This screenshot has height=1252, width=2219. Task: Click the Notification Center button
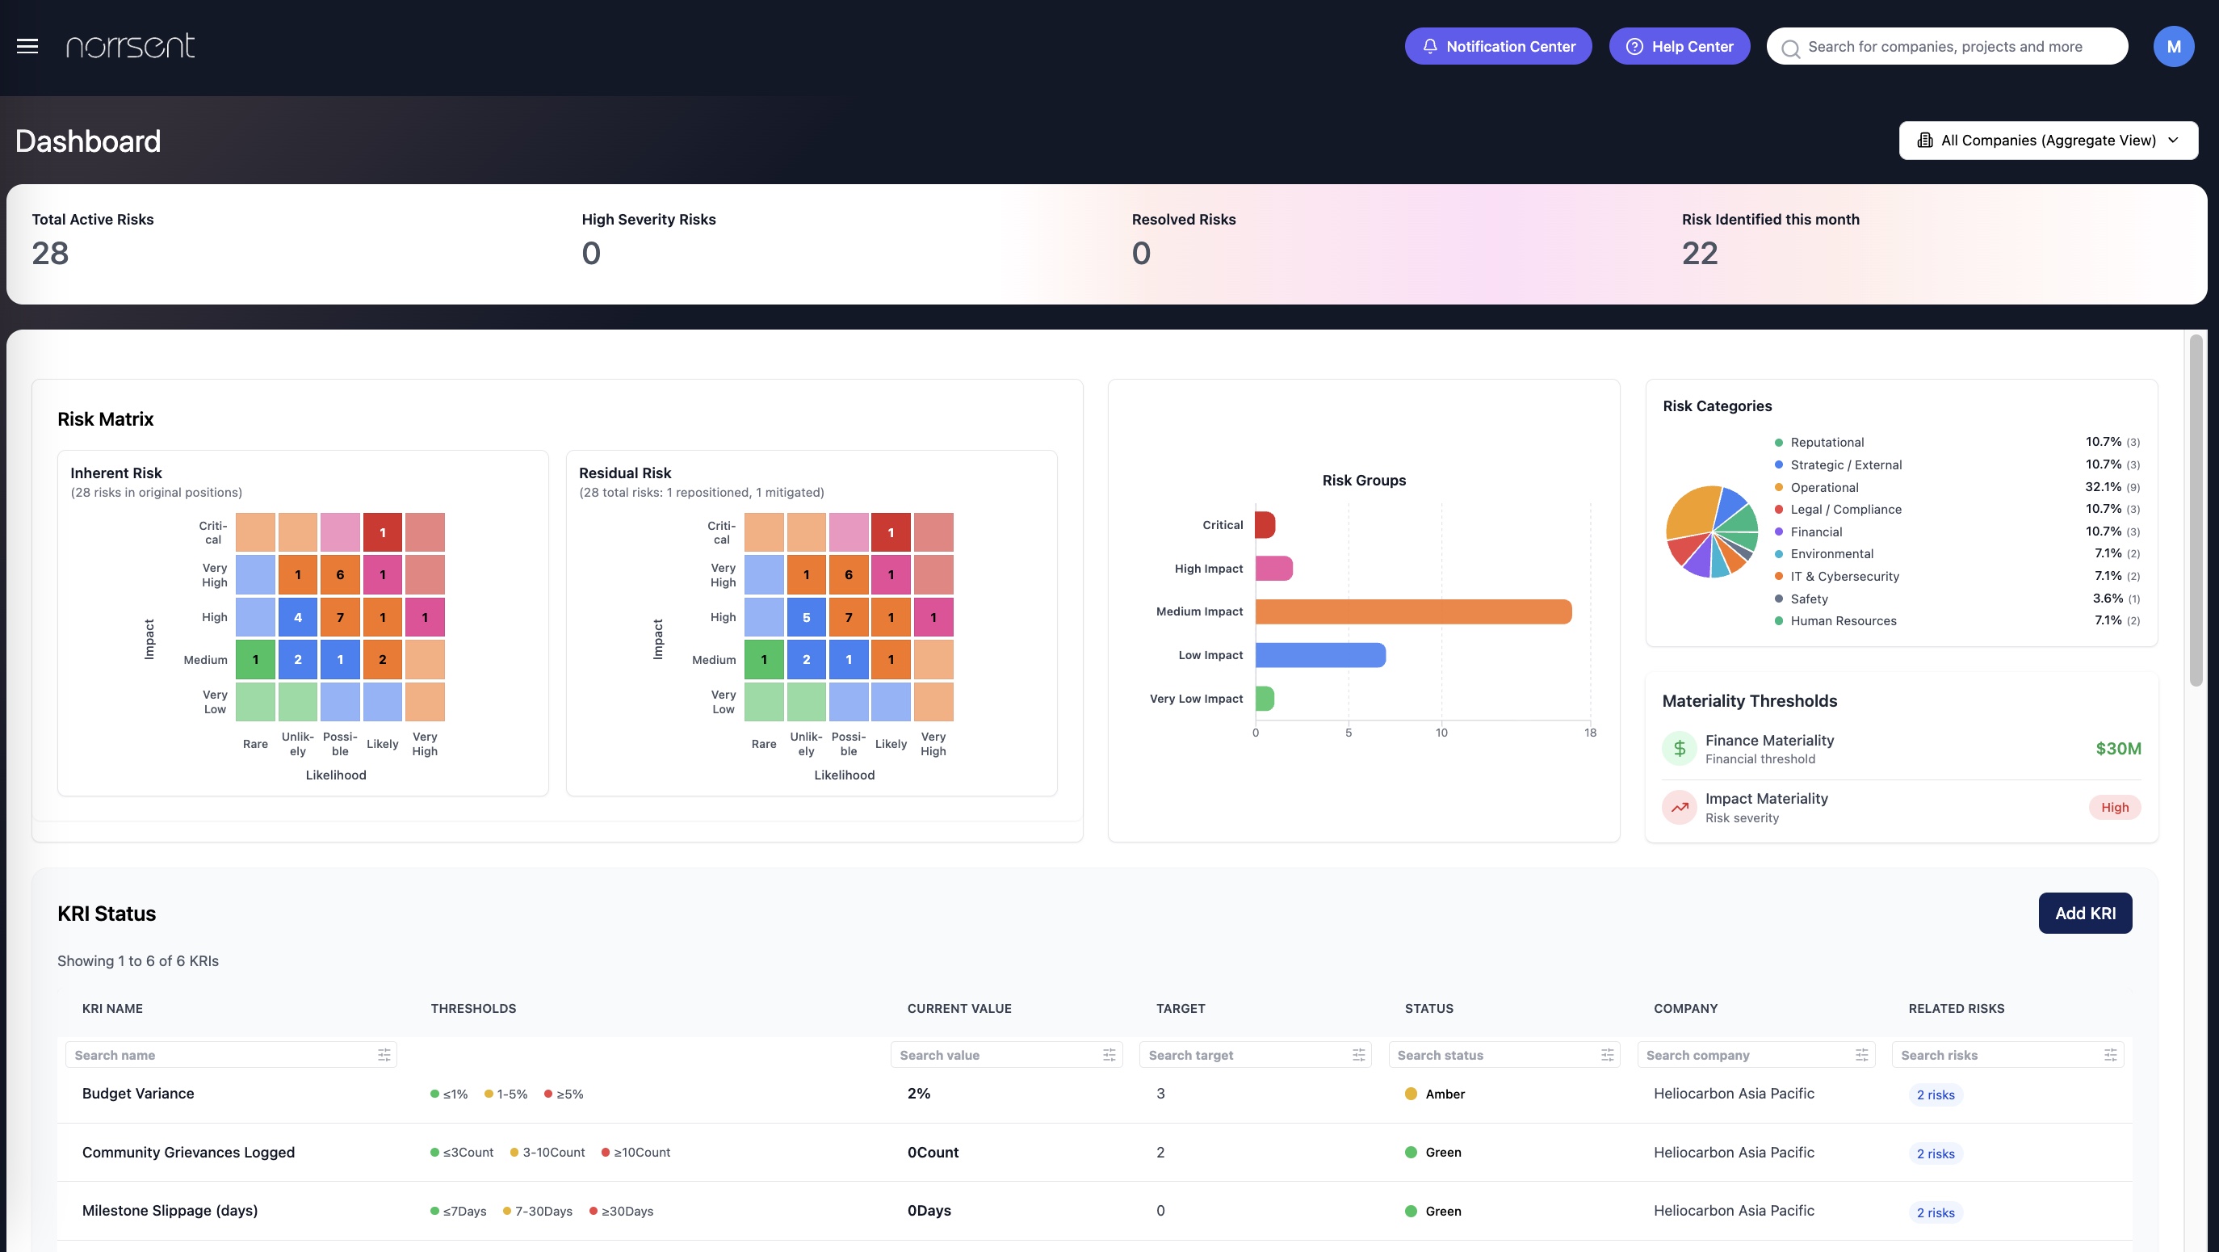pos(1498,47)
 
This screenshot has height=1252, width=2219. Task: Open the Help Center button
pos(1679,47)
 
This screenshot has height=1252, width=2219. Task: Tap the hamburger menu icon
pos(27,47)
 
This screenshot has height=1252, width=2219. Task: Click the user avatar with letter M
pos(2173,47)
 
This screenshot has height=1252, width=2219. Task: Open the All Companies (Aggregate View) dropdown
pos(2048,141)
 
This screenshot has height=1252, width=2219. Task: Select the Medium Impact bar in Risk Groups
pos(1413,611)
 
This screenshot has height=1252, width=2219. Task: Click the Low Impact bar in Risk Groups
pos(1319,656)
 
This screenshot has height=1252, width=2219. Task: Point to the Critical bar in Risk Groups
pos(1265,525)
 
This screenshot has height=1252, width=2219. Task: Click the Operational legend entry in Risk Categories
pos(1823,488)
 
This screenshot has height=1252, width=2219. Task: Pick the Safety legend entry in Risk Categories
pos(1808,599)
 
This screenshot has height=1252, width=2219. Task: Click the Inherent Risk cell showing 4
pos(298,618)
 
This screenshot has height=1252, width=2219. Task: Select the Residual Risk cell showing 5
pos(806,618)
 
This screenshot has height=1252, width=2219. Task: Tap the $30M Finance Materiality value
pos(2117,749)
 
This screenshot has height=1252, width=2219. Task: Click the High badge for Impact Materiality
pos(2114,808)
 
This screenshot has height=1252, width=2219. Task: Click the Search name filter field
pos(224,1055)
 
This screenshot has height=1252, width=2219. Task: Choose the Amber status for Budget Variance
pos(1444,1094)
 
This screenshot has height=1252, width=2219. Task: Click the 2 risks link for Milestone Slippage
pos(1935,1212)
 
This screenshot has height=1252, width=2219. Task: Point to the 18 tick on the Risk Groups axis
pos(1589,733)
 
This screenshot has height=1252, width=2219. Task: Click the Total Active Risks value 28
pos(50,254)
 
